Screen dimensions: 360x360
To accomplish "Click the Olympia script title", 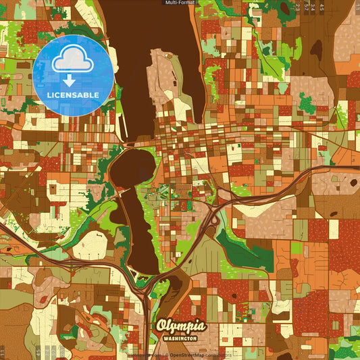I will [x=180, y=326].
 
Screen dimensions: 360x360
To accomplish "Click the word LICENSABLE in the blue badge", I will [x=73, y=95].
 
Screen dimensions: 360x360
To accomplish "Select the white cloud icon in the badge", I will [x=73, y=61].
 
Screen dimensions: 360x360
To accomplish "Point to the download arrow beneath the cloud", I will [x=70, y=80].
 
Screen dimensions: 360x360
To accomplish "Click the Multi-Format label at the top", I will [x=180, y=3].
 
